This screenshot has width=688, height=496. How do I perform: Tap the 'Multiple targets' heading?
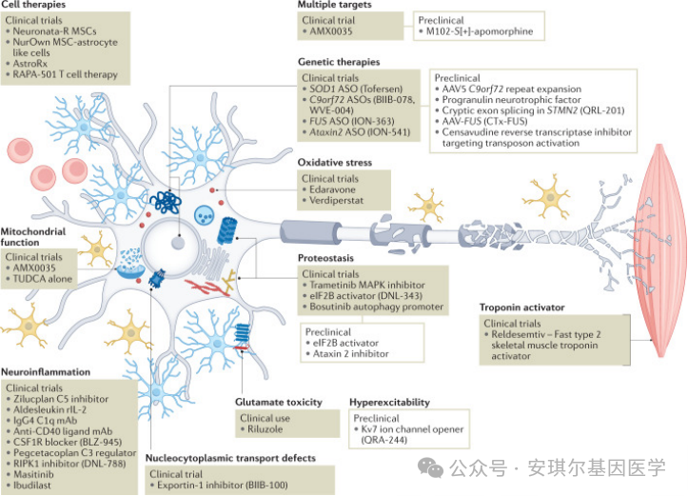pyautogui.click(x=333, y=6)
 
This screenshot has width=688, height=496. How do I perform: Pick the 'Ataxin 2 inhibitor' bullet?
pyautogui.click(x=350, y=354)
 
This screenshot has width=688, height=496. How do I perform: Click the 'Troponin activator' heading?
pyautogui.click(x=523, y=308)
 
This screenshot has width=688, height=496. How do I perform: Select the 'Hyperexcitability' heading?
pyautogui.click(x=388, y=403)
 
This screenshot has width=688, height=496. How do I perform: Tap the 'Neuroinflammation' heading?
pyautogui.click(x=46, y=372)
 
